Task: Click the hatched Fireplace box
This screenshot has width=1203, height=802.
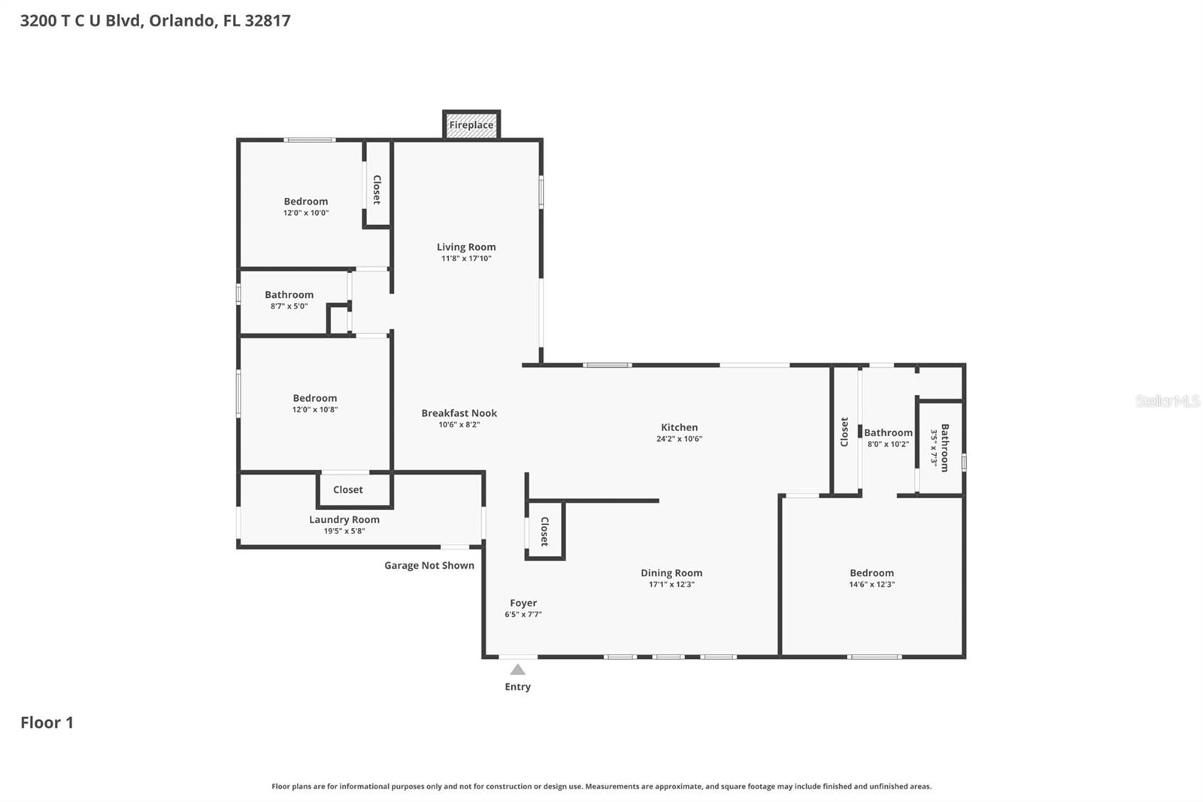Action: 471,125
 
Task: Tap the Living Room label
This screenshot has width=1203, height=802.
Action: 466,247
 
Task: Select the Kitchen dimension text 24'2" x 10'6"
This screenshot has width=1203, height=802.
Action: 679,439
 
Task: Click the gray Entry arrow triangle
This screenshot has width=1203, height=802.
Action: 517,670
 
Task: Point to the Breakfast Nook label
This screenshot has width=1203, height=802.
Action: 459,413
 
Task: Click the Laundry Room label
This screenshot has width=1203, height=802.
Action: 344,519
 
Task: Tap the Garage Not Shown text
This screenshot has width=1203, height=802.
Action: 429,565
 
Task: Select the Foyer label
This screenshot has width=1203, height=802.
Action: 523,603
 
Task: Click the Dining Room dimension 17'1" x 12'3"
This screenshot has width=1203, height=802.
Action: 671,585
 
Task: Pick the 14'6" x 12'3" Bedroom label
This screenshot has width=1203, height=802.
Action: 871,573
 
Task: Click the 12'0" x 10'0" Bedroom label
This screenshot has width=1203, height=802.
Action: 305,202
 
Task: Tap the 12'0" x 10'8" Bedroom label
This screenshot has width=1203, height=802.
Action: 314,399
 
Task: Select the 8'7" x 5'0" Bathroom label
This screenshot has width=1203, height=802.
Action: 289,295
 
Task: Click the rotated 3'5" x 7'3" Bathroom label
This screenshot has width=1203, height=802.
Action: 941,448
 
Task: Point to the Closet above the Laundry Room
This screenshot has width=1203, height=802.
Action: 348,490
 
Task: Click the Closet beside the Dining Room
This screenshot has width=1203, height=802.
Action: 544,531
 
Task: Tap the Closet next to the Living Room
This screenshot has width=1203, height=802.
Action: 377,190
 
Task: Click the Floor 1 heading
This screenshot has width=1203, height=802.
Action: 47,722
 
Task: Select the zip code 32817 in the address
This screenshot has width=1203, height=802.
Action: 268,20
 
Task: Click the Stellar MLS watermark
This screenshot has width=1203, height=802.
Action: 1167,401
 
